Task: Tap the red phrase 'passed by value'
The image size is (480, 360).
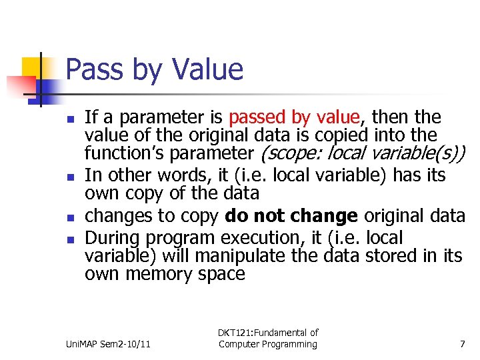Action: click(x=294, y=118)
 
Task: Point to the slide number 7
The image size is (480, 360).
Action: click(x=462, y=344)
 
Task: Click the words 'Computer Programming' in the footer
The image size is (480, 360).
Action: click(x=268, y=345)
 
